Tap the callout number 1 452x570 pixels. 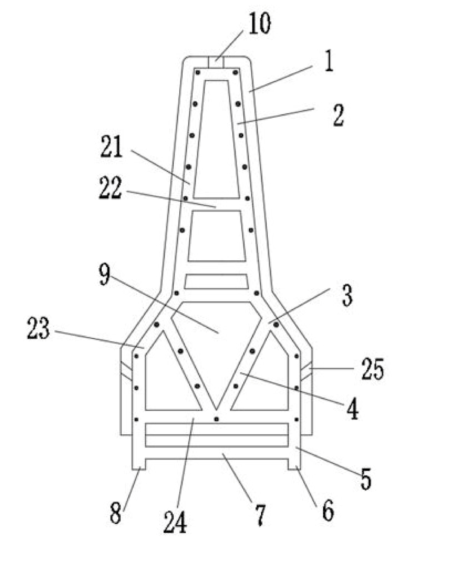[329, 62]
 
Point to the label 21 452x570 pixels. [112, 147]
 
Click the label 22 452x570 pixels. [110, 188]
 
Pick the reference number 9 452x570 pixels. [104, 274]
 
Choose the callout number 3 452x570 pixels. [347, 295]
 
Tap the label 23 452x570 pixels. [38, 328]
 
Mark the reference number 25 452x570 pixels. [372, 369]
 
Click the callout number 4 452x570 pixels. [352, 410]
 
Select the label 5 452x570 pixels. [366, 479]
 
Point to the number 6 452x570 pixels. [328, 511]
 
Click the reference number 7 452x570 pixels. [260, 515]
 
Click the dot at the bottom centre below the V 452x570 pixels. [216, 419]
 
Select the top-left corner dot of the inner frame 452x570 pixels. [198, 72]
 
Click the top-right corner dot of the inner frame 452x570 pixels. [235, 72]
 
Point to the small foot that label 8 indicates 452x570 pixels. [139, 464]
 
